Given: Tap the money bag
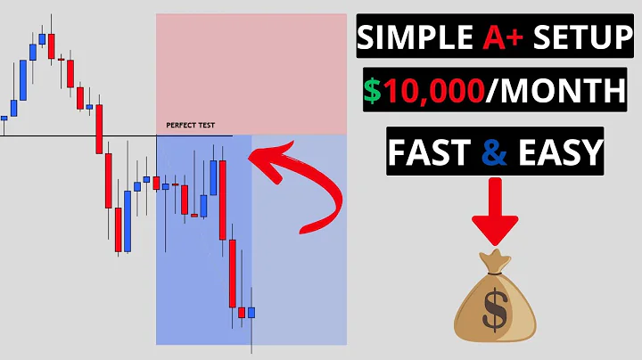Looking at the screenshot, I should click(495, 303).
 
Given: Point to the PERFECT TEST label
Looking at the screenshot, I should click(191, 126).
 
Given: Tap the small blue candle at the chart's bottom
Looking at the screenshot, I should click(251, 313).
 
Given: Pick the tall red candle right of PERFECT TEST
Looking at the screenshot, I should click(223, 200).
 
